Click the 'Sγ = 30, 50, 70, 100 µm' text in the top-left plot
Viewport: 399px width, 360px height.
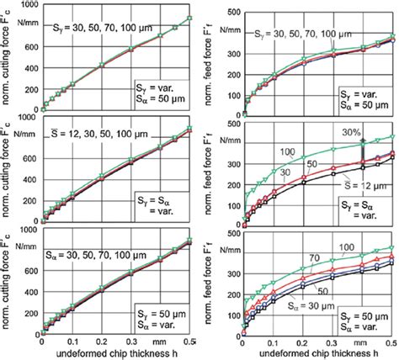tap(98, 29)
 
